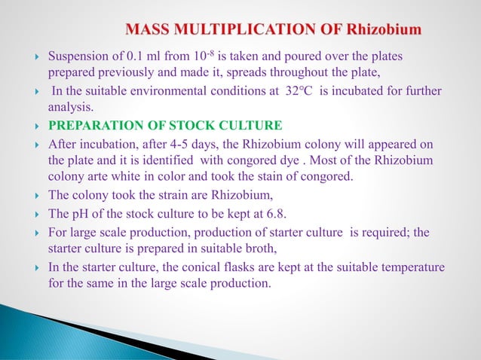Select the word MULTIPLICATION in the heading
[239, 30]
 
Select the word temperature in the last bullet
[414, 267]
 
